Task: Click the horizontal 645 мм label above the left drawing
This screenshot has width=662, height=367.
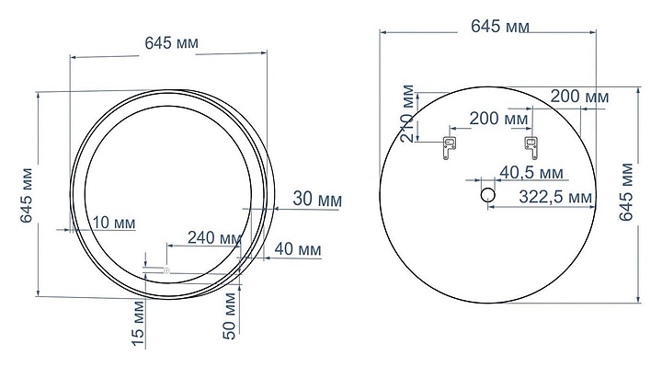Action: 171,43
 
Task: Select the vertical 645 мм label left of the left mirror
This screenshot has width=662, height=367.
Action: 27,195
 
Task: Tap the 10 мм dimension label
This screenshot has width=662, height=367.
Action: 114,223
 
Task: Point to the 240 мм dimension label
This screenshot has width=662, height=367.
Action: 214,238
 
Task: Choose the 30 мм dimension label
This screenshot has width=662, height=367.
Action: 317,199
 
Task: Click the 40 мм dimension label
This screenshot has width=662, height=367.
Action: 298,249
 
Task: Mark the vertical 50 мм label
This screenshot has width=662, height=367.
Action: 229,316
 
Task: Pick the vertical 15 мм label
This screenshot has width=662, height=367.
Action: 138,323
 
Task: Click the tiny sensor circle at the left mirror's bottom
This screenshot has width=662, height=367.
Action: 166,270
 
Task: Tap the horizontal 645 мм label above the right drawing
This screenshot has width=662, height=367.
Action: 500,27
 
